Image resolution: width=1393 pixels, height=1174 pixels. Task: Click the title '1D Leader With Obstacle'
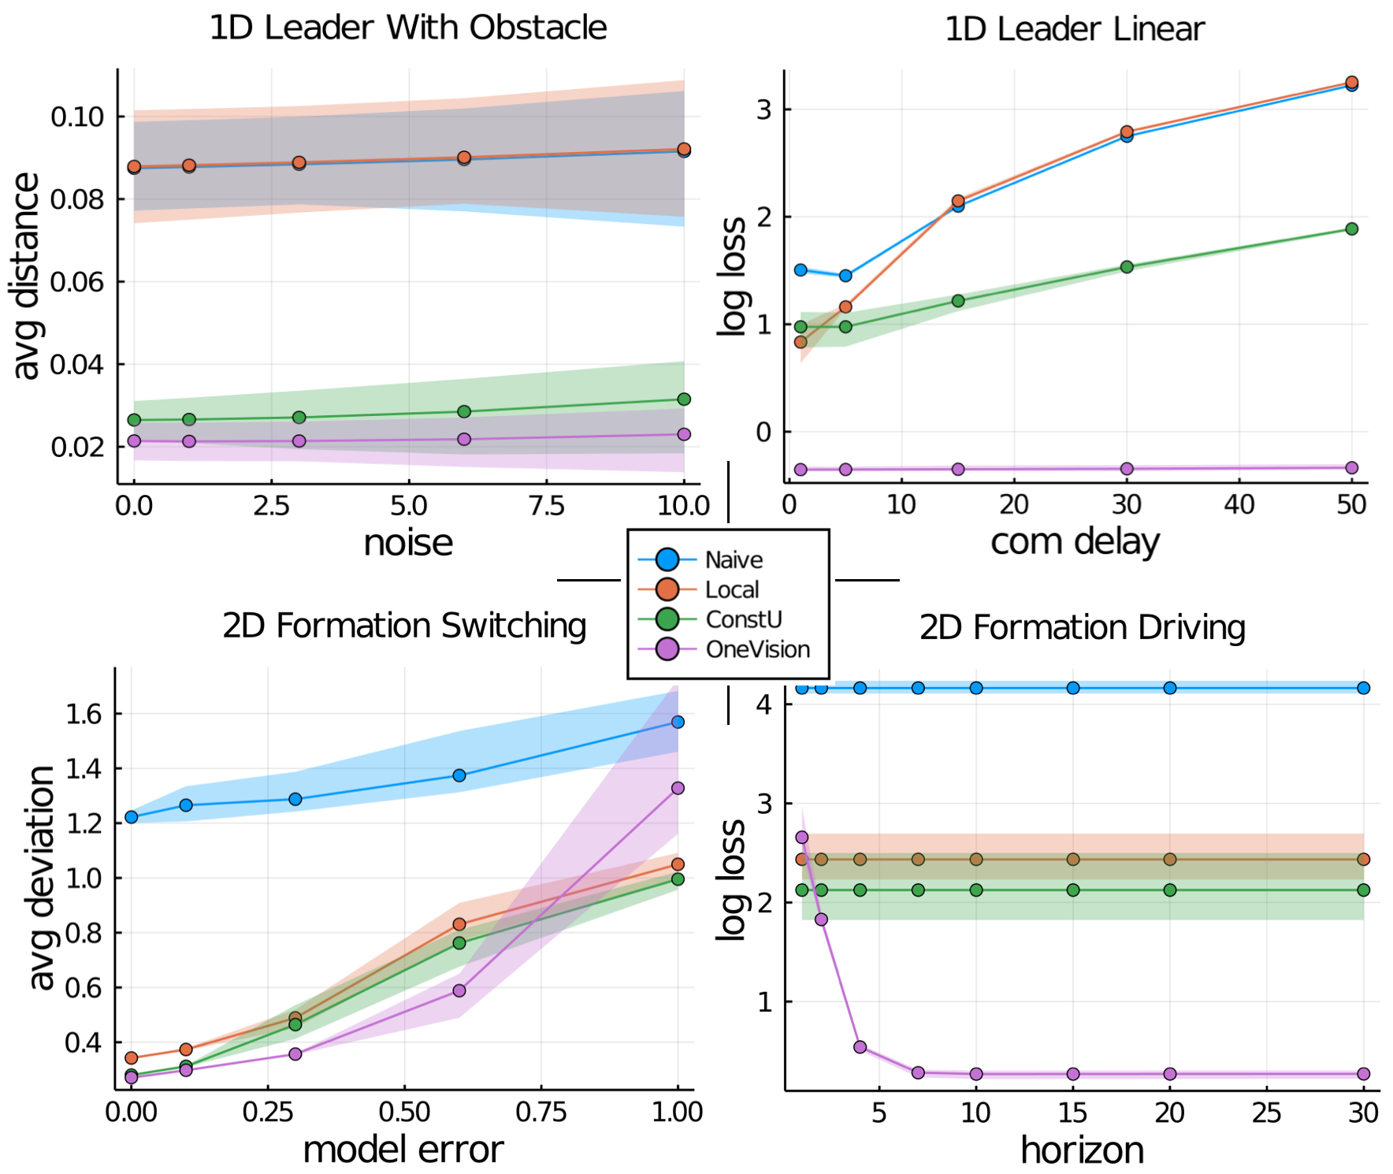(x=407, y=28)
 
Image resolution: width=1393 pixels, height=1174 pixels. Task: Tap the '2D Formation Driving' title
(x=1082, y=627)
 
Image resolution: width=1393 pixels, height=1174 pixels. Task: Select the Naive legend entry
(x=733, y=559)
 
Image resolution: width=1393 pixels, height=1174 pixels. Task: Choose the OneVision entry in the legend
(x=757, y=649)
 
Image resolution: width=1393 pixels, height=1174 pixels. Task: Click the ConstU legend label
(x=743, y=619)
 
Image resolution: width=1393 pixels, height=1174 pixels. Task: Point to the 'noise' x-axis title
(x=408, y=543)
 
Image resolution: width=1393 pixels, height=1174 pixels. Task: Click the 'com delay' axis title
(x=1075, y=541)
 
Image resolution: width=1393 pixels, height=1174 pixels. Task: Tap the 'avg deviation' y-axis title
(x=41, y=877)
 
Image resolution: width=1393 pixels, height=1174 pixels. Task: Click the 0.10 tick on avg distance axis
(x=77, y=117)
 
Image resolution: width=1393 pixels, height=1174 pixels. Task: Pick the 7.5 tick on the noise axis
(x=546, y=505)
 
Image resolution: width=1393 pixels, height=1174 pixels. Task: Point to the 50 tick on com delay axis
(x=1351, y=504)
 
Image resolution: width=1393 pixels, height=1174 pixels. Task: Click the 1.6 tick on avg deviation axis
(x=84, y=714)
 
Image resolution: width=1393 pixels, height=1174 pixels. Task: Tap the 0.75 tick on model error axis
(x=540, y=1112)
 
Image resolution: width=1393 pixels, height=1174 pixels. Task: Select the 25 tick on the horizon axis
(x=1266, y=1112)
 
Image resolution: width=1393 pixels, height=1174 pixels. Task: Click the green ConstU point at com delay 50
(x=1351, y=228)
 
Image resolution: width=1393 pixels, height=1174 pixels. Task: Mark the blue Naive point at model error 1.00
(x=678, y=722)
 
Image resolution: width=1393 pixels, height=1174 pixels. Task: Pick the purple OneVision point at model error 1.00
(x=678, y=788)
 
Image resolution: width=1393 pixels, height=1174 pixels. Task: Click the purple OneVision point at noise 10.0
(x=684, y=434)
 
